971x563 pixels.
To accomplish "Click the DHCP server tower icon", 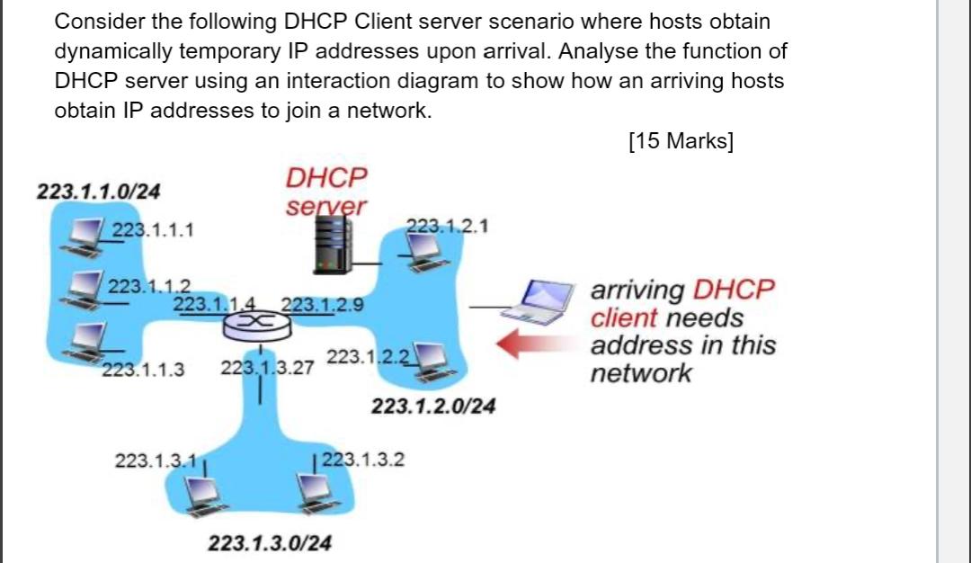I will coord(331,246).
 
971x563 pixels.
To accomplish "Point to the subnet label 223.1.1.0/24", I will coord(99,191).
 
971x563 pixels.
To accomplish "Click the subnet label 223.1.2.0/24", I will coord(432,407).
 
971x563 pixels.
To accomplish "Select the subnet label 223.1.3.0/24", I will coord(270,543).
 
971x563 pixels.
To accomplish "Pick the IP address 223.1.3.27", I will coord(267,368).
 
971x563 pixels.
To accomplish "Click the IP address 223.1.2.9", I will coord(323,304).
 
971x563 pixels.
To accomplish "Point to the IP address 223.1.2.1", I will coord(448,226).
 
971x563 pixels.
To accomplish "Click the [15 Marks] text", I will coord(681,142).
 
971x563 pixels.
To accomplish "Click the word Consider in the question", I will coord(98,21).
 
